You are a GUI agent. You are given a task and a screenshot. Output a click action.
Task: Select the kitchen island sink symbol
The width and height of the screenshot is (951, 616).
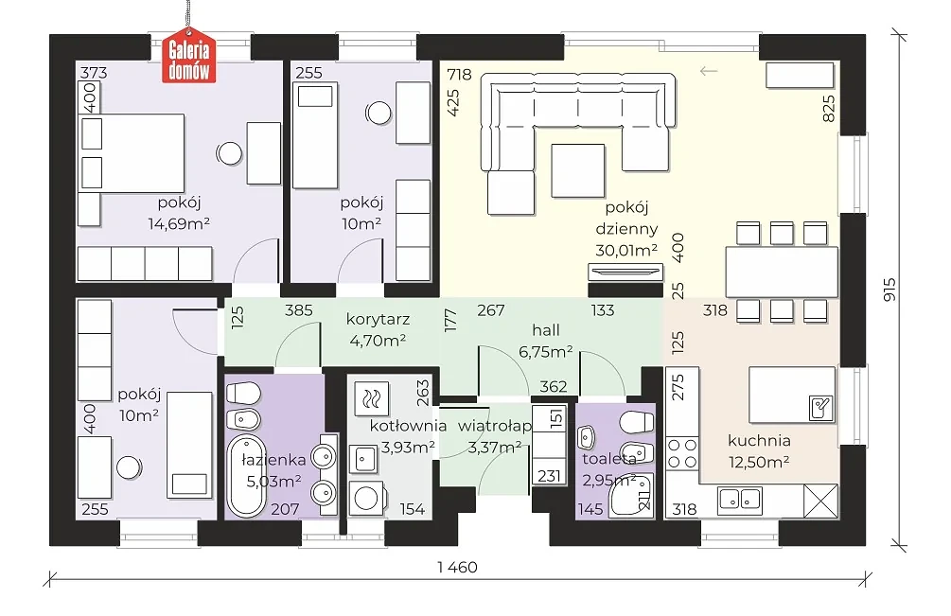[x=821, y=408]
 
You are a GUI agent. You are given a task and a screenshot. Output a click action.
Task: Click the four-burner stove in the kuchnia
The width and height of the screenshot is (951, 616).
[x=682, y=454]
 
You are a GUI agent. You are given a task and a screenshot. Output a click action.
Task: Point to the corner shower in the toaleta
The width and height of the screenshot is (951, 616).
[x=633, y=495]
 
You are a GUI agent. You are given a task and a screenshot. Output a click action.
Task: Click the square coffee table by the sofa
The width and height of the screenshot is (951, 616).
[x=577, y=170]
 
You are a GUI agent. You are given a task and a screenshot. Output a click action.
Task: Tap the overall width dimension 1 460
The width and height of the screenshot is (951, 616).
[x=457, y=567]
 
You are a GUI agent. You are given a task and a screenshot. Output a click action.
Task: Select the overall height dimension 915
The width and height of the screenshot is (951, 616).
[x=889, y=290]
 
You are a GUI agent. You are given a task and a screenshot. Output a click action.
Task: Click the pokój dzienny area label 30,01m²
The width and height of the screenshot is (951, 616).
[x=626, y=250]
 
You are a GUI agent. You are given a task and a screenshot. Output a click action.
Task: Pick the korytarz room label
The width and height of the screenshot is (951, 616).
[x=378, y=319]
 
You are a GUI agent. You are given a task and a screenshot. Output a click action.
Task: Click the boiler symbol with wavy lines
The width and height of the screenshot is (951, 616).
[x=371, y=398]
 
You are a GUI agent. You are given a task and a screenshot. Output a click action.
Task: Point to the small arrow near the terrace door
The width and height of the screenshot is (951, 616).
[x=709, y=71]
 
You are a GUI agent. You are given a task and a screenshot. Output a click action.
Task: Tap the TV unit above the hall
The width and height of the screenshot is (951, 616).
[x=625, y=272]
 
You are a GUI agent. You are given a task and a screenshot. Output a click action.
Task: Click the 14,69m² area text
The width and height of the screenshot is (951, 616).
[x=179, y=223]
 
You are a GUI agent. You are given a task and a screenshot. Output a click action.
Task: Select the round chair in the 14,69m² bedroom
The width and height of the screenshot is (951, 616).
[x=229, y=153]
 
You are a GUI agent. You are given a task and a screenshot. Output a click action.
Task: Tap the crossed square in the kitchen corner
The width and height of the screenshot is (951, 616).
[x=819, y=501]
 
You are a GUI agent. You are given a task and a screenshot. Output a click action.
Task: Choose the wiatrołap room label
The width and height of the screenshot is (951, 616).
[x=494, y=426]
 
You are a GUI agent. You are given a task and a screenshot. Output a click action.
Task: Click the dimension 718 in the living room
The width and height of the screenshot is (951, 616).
[x=459, y=75]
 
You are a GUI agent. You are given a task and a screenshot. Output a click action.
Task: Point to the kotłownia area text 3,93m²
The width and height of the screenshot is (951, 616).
[x=408, y=448]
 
